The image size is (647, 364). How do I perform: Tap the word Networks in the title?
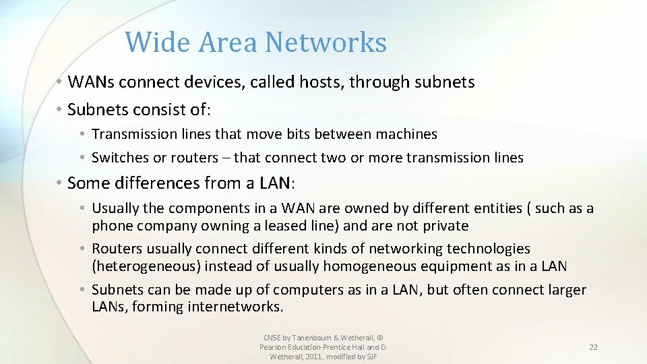[x=326, y=42]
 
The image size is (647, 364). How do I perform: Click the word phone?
[x=112, y=226]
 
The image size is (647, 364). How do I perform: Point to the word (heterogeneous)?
[x=146, y=266]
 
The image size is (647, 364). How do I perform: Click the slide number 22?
[x=593, y=347]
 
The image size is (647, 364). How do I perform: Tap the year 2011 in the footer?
[x=313, y=356]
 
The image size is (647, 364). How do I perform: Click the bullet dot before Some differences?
[x=60, y=183]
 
